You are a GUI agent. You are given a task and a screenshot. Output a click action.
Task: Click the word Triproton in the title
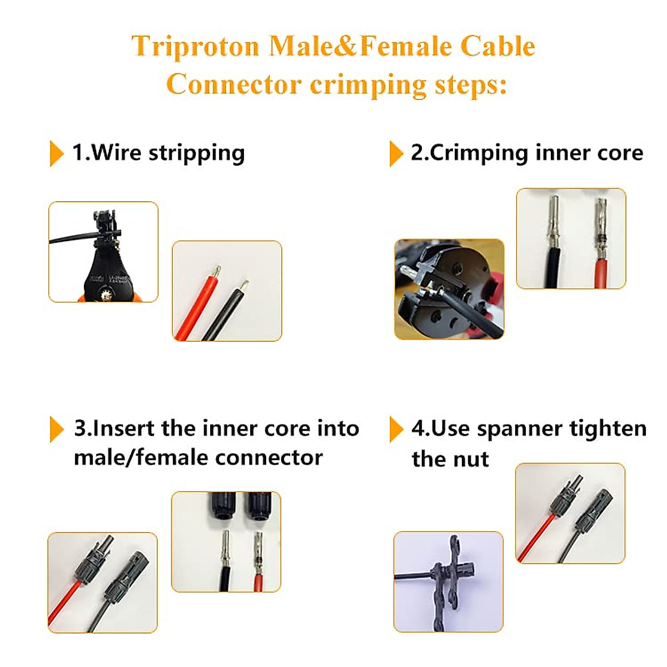tap(195, 46)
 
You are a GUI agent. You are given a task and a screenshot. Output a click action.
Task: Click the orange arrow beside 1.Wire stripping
tap(56, 153)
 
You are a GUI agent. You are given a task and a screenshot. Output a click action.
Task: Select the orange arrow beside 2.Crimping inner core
tap(396, 153)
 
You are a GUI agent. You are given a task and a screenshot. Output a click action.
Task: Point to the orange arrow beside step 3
tap(56, 429)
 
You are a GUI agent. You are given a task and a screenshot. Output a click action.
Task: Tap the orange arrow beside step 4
tap(396, 429)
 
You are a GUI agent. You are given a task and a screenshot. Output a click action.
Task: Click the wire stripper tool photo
tap(103, 252)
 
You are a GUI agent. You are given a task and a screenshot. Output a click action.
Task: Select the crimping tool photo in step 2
tap(449, 289)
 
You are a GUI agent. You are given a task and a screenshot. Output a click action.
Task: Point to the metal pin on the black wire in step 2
tap(554, 222)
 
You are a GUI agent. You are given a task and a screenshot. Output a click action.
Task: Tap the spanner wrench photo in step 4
tap(448, 581)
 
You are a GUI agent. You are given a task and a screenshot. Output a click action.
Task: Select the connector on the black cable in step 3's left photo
tap(125, 578)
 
